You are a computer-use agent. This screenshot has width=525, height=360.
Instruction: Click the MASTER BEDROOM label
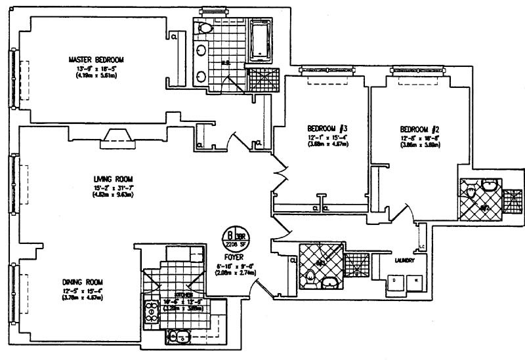click(x=96, y=60)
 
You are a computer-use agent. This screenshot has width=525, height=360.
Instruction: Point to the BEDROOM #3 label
click(x=327, y=127)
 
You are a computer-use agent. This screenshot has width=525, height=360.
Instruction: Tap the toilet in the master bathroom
click(x=205, y=29)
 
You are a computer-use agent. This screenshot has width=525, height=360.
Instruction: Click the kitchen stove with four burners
click(x=150, y=310)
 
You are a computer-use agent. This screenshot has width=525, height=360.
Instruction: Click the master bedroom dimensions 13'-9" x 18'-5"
click(x=96, y=68)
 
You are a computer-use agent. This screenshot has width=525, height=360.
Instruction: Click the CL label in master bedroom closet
click(x=174, y=37)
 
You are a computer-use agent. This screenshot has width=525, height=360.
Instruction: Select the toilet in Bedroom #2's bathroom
click(x=471, y=189)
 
